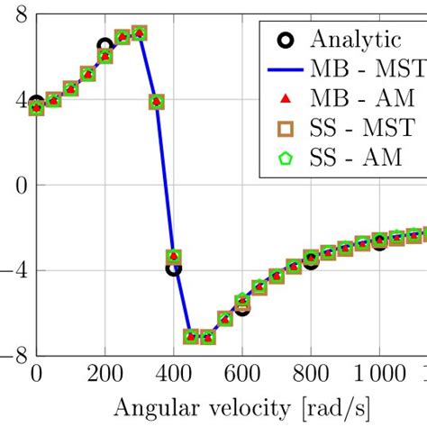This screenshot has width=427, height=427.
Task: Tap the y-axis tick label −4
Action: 14,269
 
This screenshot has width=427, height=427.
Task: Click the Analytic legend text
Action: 355,38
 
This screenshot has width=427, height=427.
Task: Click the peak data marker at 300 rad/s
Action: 139,33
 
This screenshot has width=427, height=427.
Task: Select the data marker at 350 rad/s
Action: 156,102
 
